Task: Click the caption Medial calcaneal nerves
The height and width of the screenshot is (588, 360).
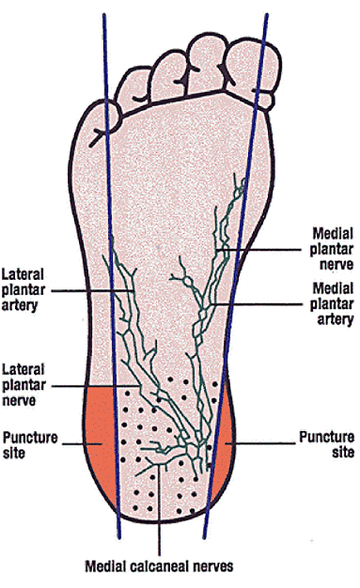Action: coord(159,566)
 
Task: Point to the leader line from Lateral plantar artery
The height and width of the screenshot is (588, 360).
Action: coord(94,291)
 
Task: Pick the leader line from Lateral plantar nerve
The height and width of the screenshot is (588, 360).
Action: coord(94,385)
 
